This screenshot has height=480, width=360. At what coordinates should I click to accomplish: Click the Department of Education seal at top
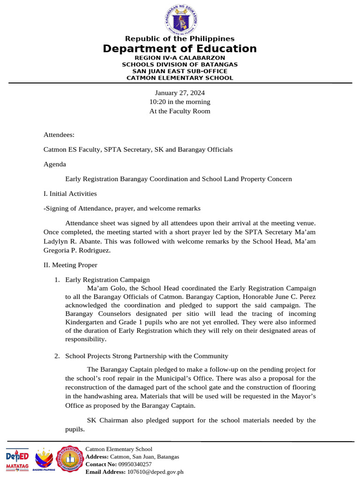point(180,19)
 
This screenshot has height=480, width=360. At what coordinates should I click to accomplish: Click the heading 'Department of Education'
point(180,49)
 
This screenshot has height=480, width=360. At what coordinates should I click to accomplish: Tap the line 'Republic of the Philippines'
point(180,38)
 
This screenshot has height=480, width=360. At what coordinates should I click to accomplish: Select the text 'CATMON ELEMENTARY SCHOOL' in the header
point(180,78)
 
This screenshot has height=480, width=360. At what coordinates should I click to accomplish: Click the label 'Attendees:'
point(59,135)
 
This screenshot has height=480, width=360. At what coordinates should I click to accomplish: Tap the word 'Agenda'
point(55,165)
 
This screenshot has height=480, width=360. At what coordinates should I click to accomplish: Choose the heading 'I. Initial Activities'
point(70,193)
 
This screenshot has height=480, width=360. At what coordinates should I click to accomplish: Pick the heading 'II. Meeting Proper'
point(70,265)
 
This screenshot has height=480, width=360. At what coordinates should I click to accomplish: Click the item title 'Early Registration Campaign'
point(107,280)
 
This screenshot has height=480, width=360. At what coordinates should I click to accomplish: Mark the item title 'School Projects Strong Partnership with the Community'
point(147,356)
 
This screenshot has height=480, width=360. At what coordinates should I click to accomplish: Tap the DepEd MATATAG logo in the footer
point(17,459)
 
